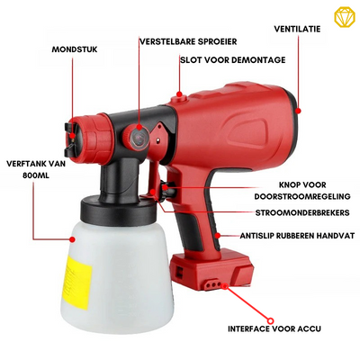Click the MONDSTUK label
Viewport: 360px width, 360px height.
pyautogui.click(x=75, y=49)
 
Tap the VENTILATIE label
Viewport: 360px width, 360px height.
pyautogui.click(x=297, y=29)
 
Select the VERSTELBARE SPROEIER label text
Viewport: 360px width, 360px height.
pyautogui.click(x=188, y=41)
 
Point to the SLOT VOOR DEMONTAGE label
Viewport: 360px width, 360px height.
pyautogui.click(x=233, y=59)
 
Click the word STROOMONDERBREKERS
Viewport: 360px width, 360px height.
pyautogui.click(x=302, y=212)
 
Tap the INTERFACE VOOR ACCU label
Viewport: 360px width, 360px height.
pyautogui.click(x=274, y=328)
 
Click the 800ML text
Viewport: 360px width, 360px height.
pyautogui.click(x=36, y=175)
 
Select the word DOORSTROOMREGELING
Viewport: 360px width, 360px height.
pyautogui.click(x=302, y=196)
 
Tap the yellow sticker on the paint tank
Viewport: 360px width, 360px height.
pyautogui.click(x=78, y=283)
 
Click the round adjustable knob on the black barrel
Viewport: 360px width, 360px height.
pyautogui.click(x=139, y=137)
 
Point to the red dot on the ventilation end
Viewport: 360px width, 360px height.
pyautogui.click(x=298, y=111)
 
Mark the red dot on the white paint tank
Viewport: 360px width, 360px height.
pyautogui.click(x=72, y=239)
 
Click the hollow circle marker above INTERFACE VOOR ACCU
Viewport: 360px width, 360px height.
pyautogui.click(x=270, y=320)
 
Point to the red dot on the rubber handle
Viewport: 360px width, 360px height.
pyautogui.click(x=218, y=236)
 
